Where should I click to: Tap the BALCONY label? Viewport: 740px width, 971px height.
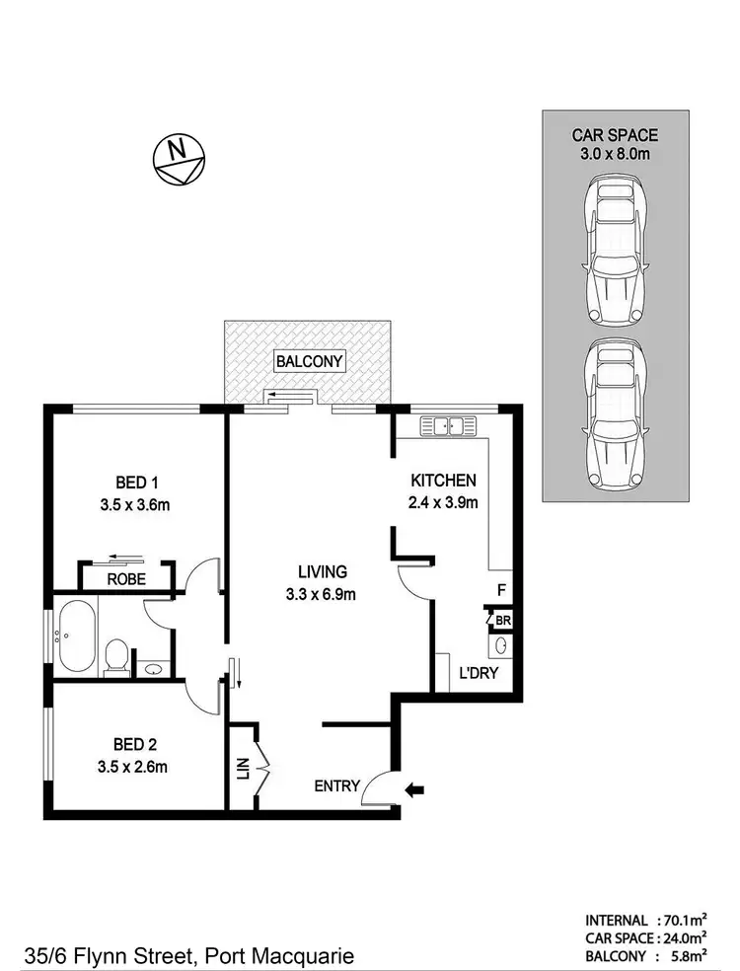point(309,361)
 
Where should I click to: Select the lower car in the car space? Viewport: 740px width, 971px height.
point(616,413)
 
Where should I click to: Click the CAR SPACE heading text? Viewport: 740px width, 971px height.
point(615,135)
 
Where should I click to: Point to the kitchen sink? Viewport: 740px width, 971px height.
point(449,426)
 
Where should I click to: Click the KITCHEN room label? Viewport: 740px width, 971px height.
point(444,481)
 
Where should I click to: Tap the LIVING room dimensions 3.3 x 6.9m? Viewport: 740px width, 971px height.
point(323,594)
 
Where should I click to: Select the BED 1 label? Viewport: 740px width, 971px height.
point(137,483)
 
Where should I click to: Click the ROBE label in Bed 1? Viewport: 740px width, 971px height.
point(126,580)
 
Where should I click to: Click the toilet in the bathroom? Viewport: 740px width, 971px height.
point(116,655)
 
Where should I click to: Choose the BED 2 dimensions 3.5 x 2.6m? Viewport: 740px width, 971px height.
point(137,765)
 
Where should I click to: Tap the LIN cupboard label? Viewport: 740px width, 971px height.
point(244,768)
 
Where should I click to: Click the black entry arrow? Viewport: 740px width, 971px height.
point(416,788)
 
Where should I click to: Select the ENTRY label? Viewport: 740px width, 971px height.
point(336,786)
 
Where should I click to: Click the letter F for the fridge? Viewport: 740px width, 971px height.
point(501,592)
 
